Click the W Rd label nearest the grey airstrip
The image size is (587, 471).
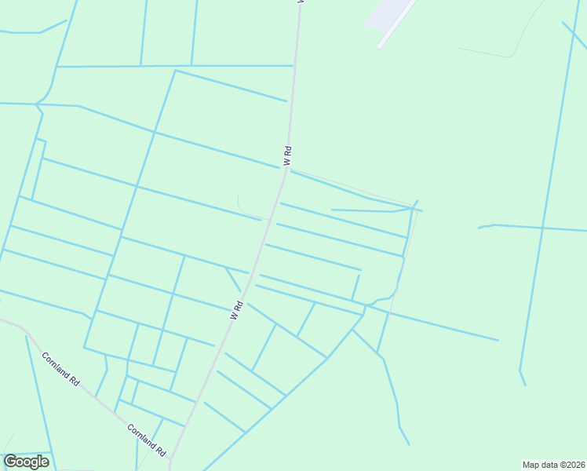[288, 155]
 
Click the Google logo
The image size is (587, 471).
[27, 462]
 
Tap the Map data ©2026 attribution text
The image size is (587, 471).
[553, 465]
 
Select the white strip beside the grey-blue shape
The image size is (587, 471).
[397, 24]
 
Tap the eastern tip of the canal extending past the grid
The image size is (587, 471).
[498, 340]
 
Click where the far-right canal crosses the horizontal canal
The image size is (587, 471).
[541, 228]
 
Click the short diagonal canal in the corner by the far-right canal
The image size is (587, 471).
[574, 35]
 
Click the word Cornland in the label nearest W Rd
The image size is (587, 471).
[141, 435]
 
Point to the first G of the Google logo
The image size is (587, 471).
[11, 462]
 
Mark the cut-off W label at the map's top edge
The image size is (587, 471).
[299, 2]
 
